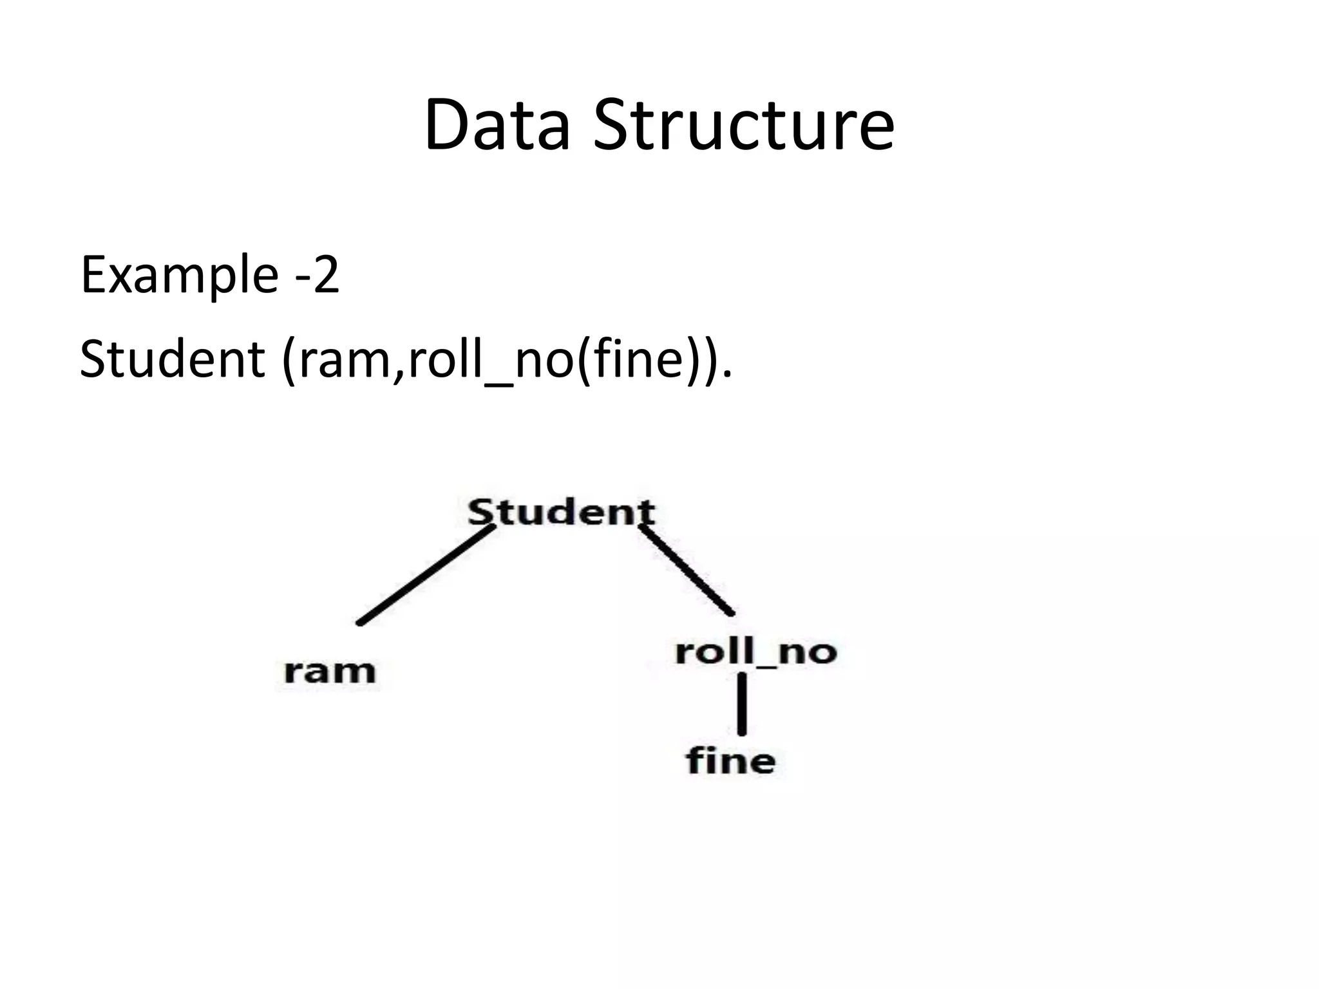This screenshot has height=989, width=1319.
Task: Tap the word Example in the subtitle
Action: coord(179,276)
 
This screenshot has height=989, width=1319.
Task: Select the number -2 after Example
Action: coord(317,276)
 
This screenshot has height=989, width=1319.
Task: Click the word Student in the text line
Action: coord(172,359)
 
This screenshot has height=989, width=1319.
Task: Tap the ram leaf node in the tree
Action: coord(330,672)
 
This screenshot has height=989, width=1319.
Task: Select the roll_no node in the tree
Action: coord(756,652)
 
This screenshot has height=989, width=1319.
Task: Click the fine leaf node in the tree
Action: coord(731,761)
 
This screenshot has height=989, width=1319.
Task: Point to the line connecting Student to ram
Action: coord(426,575)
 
